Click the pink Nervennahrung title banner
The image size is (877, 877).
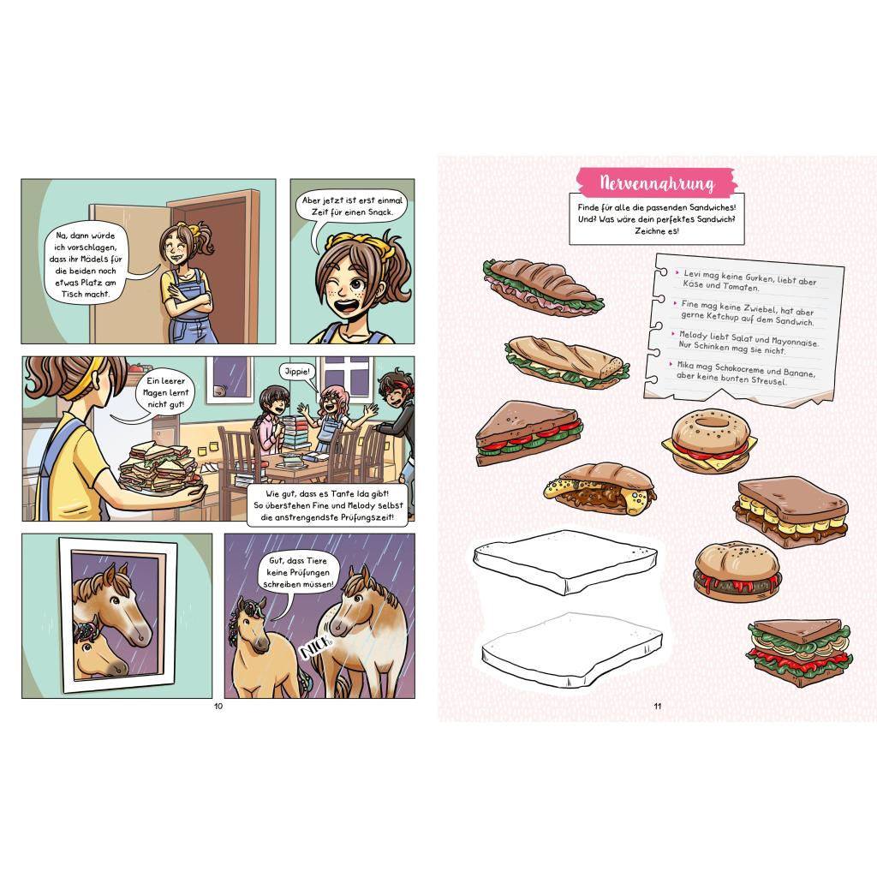[655, 182]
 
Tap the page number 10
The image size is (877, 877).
[218, 706]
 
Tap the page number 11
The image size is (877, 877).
[658, 706]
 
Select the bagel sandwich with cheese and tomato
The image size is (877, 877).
[710, 442]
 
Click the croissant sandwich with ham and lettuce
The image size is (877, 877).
[542, 287]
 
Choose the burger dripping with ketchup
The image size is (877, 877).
[737, 571]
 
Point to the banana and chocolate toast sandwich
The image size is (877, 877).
[790, 511]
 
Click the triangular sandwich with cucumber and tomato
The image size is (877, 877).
[528, 433]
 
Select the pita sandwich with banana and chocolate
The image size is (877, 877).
[599, 488]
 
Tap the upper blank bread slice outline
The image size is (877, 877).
[565, 562]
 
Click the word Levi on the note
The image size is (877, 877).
[692, 274]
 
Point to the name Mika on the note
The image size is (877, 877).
[685, 365]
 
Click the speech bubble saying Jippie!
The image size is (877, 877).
[297, 372]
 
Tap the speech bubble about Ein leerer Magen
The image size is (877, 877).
[164, 393]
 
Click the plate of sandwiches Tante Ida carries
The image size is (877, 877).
[159, 468]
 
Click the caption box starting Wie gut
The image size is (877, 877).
[328, 505]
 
